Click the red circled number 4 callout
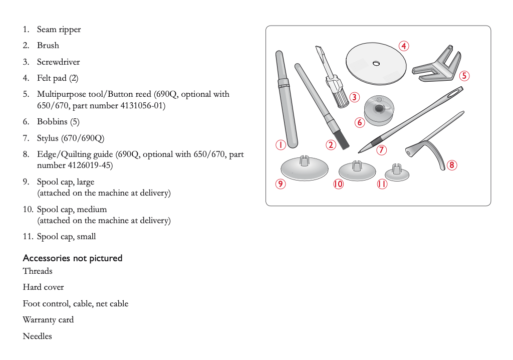[404, 46]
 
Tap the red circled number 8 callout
[451, 164]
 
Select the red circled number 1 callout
[280, 145]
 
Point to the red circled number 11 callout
[382, 184]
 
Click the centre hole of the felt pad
[376, 63]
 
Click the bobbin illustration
[378, 111]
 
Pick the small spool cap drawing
[396, 172]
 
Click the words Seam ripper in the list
[59, 30]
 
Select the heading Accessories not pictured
[73, 258]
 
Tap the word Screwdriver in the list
[58, 62]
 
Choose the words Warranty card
[48, 320]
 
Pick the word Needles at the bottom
[37, 336]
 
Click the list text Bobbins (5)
[58, 122]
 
